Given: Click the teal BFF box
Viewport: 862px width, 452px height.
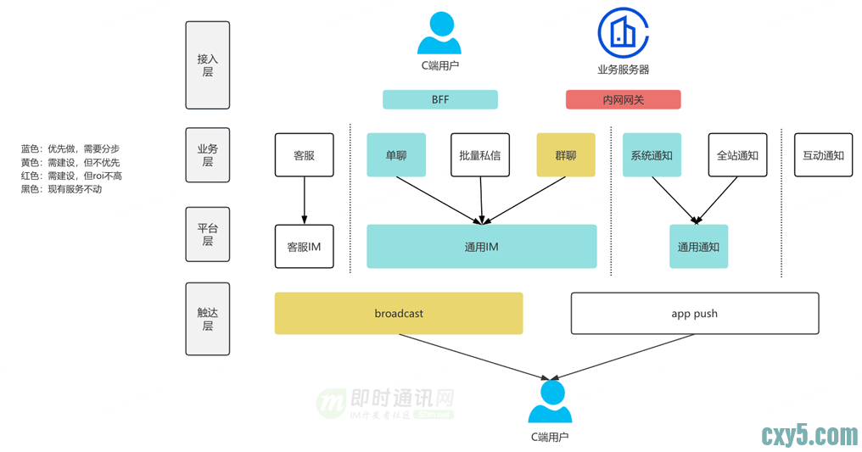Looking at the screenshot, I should [439, 100].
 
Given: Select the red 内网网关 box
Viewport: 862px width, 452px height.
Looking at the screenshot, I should [623, 100].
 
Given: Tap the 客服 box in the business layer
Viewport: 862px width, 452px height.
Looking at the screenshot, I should [304, 155].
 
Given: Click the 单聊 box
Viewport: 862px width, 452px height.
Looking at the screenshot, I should [396, 155].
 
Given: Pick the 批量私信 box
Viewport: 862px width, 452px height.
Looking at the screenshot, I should [480, 155].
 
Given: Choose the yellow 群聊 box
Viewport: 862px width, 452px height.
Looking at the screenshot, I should [566, 155].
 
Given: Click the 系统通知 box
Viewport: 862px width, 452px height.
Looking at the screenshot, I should [652, 155].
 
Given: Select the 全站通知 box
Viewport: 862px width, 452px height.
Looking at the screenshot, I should [737, 155].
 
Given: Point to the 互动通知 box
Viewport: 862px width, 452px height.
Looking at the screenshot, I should [823, 155].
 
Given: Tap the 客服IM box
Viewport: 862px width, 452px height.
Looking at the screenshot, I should [304, 247].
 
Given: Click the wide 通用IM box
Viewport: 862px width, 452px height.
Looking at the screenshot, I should [481, 247].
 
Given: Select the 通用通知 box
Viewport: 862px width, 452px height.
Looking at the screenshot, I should [698, 247].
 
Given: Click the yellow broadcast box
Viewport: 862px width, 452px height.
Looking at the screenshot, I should [398, 314].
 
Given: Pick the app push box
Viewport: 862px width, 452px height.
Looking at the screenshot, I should [694, 314].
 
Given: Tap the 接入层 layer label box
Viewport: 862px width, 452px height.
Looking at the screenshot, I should [207, 65].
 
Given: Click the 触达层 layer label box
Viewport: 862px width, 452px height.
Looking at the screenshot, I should [207, 319].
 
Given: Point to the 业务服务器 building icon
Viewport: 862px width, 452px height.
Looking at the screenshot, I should [623, 31].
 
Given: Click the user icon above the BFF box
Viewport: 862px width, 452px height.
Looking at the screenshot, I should [439, 34].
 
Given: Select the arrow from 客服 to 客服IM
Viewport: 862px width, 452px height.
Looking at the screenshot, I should [304, 201].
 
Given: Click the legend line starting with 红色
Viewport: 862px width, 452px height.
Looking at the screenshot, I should [71, 176].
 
